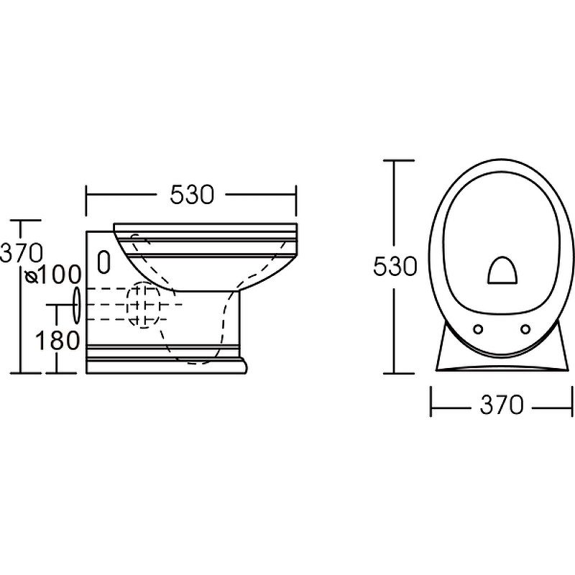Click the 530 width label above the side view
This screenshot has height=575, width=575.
pyautogui.click(x=192, y=195)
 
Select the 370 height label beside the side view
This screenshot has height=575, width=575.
pyautogui.click(x=22, y=253)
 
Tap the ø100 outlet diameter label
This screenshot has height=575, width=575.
pyautogui.click(x=52, y=275)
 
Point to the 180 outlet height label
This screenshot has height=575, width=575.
pyautogui.click(x=57, y=341)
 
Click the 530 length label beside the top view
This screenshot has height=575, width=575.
pyautogui.click(x=395, y=266)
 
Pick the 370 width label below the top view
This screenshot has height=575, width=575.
pyautogui.click(x=502, y=405)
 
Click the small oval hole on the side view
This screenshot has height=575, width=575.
pyautogui.click(x=104, y=262)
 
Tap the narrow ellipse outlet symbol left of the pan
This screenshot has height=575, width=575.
pyautogui.click(x=77, y=305)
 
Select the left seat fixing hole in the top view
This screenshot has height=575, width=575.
pyautogui.click(x=478, y=329)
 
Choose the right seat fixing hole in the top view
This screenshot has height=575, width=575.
pyautogui.click(x=525, y=329)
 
